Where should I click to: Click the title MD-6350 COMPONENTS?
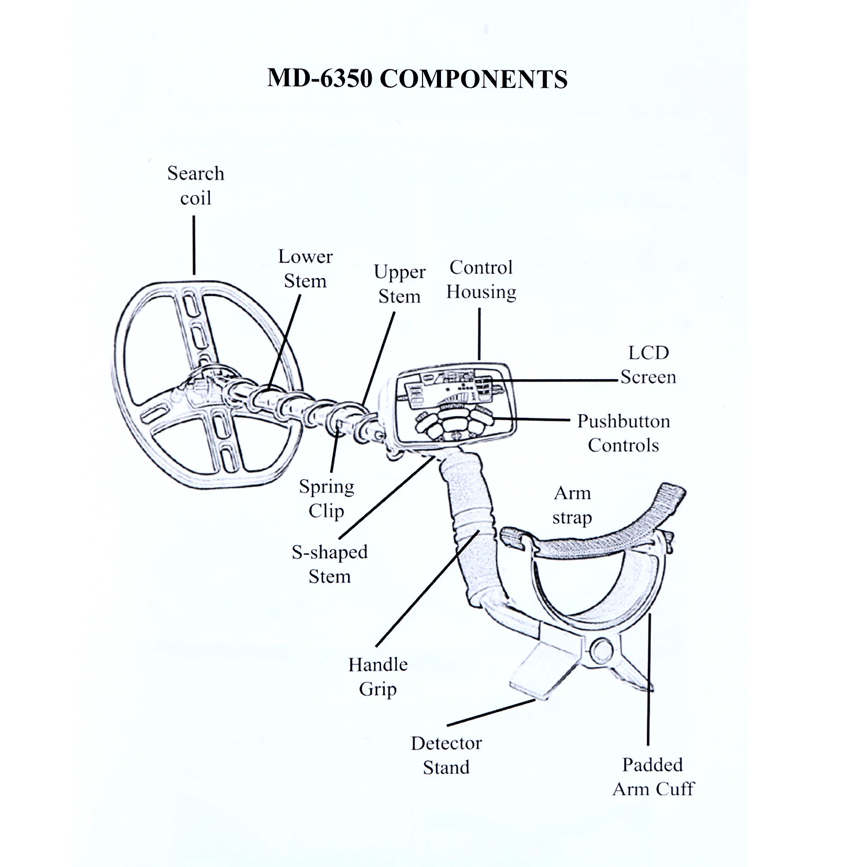point(417,79)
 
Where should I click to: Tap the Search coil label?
point(195,186)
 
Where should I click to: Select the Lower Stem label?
point(305,269)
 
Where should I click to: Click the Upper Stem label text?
point(399,284)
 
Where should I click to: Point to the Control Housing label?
point(481,280)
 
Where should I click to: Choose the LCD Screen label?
point(648,365)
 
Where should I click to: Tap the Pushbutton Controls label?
point(623,433)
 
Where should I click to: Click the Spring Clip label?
point(327,498)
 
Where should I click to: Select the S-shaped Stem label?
point(329,564)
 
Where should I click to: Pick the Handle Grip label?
point(378,676)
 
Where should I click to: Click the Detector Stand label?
point(446,755)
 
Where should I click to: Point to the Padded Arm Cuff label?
point(653,777)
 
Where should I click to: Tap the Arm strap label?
point(572,505)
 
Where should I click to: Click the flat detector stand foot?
point(538,670)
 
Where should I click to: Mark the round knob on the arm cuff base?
point(602,651)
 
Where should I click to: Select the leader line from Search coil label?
point(194,245)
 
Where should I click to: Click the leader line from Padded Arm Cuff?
point(649,682)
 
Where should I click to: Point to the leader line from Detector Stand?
point(491,712)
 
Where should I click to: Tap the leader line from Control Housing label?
point(479,334)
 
